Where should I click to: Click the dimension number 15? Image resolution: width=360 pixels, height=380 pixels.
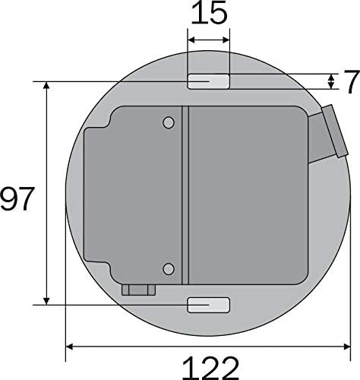click(x=209, y=13)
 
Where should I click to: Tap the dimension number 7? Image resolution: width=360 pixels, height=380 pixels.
click(x=352, y=81)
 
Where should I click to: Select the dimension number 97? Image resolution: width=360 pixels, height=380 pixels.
click(x=17, y=199)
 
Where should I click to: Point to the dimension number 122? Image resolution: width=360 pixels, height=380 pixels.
click(x=210, y=368)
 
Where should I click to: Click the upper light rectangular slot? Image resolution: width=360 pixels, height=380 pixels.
click(x=208, y=81)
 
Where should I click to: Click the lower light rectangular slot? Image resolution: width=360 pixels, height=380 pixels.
click(x=208, y=305)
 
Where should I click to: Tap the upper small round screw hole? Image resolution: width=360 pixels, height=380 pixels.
click(x=169, y=123)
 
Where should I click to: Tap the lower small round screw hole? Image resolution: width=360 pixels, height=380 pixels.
click(x=169, y=269)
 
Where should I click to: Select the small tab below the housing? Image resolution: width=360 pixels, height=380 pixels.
click(x=138, y=290)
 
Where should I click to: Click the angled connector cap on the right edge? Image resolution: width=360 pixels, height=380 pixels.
click(x=335, y=131)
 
